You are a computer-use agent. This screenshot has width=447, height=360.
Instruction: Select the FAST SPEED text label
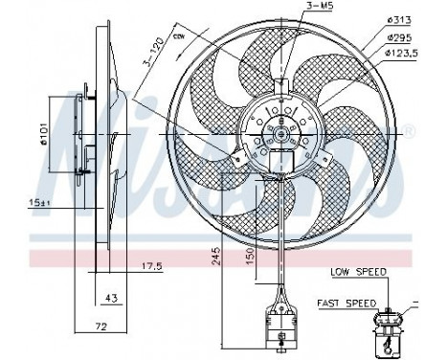[x=346, y=303]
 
